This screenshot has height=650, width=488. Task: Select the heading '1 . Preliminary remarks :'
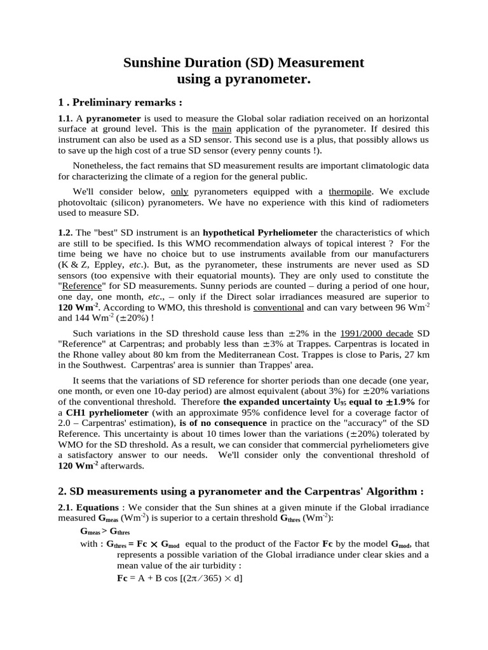tap(119, 102)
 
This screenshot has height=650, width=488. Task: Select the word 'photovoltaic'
tap(86, 202)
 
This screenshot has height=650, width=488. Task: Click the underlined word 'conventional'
tap(279, 307)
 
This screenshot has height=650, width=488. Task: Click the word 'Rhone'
tap(97, 355)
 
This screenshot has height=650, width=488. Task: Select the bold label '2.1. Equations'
tap(89, 507)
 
